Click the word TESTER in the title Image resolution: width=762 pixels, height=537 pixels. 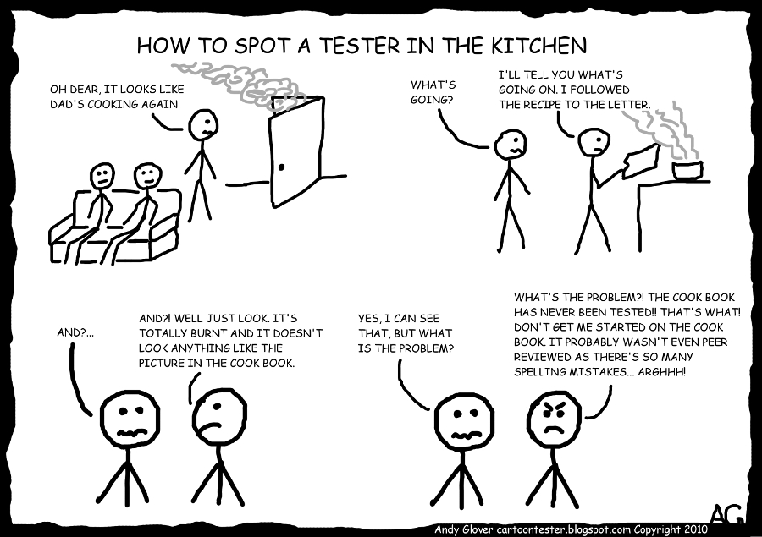tap(360, 46)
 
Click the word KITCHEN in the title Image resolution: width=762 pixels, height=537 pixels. tap(539, 46)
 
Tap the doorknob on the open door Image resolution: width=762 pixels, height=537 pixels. tap(281, 168)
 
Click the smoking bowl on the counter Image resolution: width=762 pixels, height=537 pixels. tap(687, 170)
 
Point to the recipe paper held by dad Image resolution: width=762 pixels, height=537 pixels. tap(640, 162)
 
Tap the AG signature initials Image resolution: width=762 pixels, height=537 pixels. tap(727, 512)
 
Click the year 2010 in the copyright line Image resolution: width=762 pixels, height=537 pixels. tap(696, 529)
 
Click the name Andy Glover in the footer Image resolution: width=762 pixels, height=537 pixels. tap(464, 529)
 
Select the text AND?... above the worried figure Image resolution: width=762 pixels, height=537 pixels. tap(75, 332)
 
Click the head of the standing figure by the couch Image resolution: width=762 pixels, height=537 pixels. tap(202, 125)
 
